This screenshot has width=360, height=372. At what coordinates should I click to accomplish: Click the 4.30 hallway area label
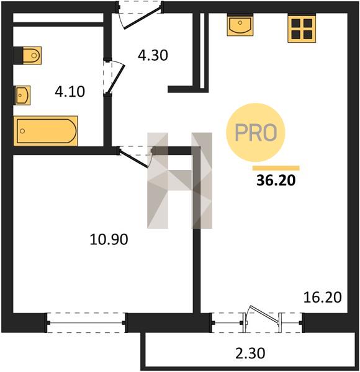coord(153,55)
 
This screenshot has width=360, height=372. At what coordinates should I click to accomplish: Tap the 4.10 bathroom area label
coord(70,92)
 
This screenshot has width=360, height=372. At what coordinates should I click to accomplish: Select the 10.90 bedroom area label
coord(109,239)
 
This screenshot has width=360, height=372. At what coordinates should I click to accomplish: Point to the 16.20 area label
coord(323,297)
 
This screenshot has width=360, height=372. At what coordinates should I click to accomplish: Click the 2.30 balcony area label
coord(250,353)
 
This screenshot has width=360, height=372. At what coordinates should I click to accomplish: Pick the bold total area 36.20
coord(276,180)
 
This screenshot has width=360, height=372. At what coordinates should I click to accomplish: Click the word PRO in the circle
coord(256,132)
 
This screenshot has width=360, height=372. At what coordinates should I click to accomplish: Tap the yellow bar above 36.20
coord(276,168)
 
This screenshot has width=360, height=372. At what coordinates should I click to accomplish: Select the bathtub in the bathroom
coord(45,131)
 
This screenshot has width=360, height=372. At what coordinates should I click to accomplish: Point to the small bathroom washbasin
coord(23,95)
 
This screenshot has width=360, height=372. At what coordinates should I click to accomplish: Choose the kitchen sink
coord(240,25)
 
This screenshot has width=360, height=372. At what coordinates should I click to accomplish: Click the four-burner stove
coord(302,29)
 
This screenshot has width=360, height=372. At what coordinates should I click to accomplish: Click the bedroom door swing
coord(135,158)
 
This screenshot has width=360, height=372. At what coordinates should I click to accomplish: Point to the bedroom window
coord(86,322)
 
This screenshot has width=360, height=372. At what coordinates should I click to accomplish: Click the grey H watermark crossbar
coord(180,180)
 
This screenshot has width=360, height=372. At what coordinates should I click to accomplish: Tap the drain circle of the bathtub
coord(22,131)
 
